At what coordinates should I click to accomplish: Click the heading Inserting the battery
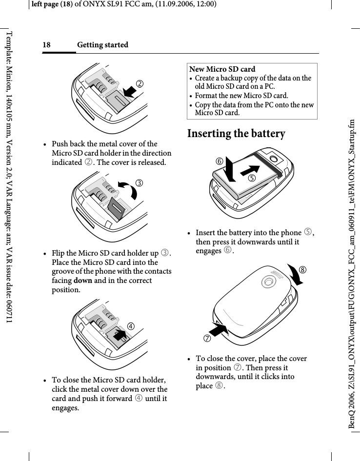point(236,134)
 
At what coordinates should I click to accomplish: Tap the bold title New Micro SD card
point(222,69)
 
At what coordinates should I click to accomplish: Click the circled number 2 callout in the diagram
point(140,83)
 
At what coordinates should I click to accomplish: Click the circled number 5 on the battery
point(252,178)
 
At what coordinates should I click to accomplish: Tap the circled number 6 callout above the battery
point(221,160)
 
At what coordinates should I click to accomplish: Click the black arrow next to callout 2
point(129,91)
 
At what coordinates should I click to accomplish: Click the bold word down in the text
point(81,281)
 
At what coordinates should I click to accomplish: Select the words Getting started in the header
point(102,45)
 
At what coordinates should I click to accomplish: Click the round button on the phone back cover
point(268,281)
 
